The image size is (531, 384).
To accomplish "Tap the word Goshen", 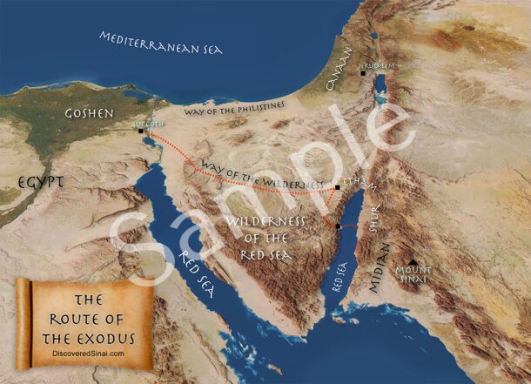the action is tap(89, 114).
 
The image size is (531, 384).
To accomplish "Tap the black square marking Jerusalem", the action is tap(363, 72).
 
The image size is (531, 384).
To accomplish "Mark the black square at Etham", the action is tap(337, 187).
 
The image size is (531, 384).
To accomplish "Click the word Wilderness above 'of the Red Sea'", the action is tap(265, 221).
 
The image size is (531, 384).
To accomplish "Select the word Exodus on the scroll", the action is tap(117, 334).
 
